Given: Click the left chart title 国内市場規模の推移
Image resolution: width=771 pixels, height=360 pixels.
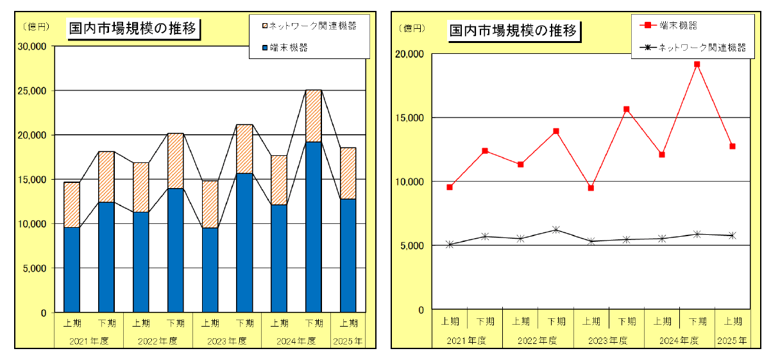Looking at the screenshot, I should tap(133, 29).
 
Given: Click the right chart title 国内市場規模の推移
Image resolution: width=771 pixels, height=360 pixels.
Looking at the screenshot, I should tap(513, 30).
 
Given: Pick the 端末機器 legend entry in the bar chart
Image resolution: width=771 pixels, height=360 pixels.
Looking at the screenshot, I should tap(288, 47).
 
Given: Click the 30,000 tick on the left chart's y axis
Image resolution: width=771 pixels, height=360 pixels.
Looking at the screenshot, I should tap(32, 46).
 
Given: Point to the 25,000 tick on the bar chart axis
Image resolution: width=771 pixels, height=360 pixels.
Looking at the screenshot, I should tap(32, 90).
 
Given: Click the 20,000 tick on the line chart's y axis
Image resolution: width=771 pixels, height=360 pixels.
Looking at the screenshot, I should tap(411, 54).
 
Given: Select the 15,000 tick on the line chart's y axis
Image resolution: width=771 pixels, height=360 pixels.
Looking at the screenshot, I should tap(411, 117).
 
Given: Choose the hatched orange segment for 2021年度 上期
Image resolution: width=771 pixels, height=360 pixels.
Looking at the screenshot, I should tap(72, 205).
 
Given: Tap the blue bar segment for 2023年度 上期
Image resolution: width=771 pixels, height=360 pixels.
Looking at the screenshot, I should tap(210, 270).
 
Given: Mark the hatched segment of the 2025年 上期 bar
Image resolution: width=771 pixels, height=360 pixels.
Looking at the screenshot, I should tap(348, 173).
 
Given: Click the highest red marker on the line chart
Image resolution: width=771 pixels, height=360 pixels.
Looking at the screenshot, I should tap(697, 64).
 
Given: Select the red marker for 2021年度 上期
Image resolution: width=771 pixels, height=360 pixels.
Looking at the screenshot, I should tap(450, 187).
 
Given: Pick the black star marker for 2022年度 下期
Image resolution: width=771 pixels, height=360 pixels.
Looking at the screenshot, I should tap(556, 230).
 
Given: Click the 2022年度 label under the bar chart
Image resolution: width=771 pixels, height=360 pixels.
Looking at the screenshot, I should tap(158, 341).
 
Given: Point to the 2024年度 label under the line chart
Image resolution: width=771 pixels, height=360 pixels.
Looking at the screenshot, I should tap(680, 339).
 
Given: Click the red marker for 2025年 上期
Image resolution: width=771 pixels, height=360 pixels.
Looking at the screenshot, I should tap(732, 146).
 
